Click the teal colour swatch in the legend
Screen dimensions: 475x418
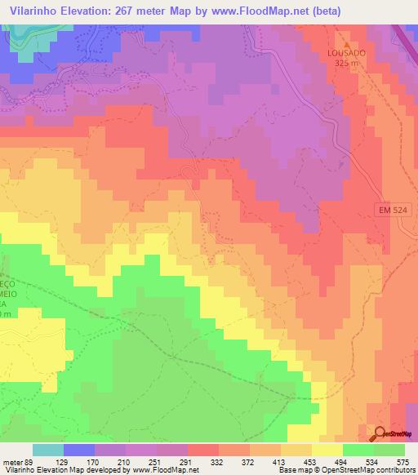(x=47, y=450)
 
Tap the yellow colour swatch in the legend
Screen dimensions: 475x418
(x=327, y=450)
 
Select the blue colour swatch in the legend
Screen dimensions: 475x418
(x=78, y=450)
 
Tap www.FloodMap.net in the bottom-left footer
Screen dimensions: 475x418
(x=164, y=470)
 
